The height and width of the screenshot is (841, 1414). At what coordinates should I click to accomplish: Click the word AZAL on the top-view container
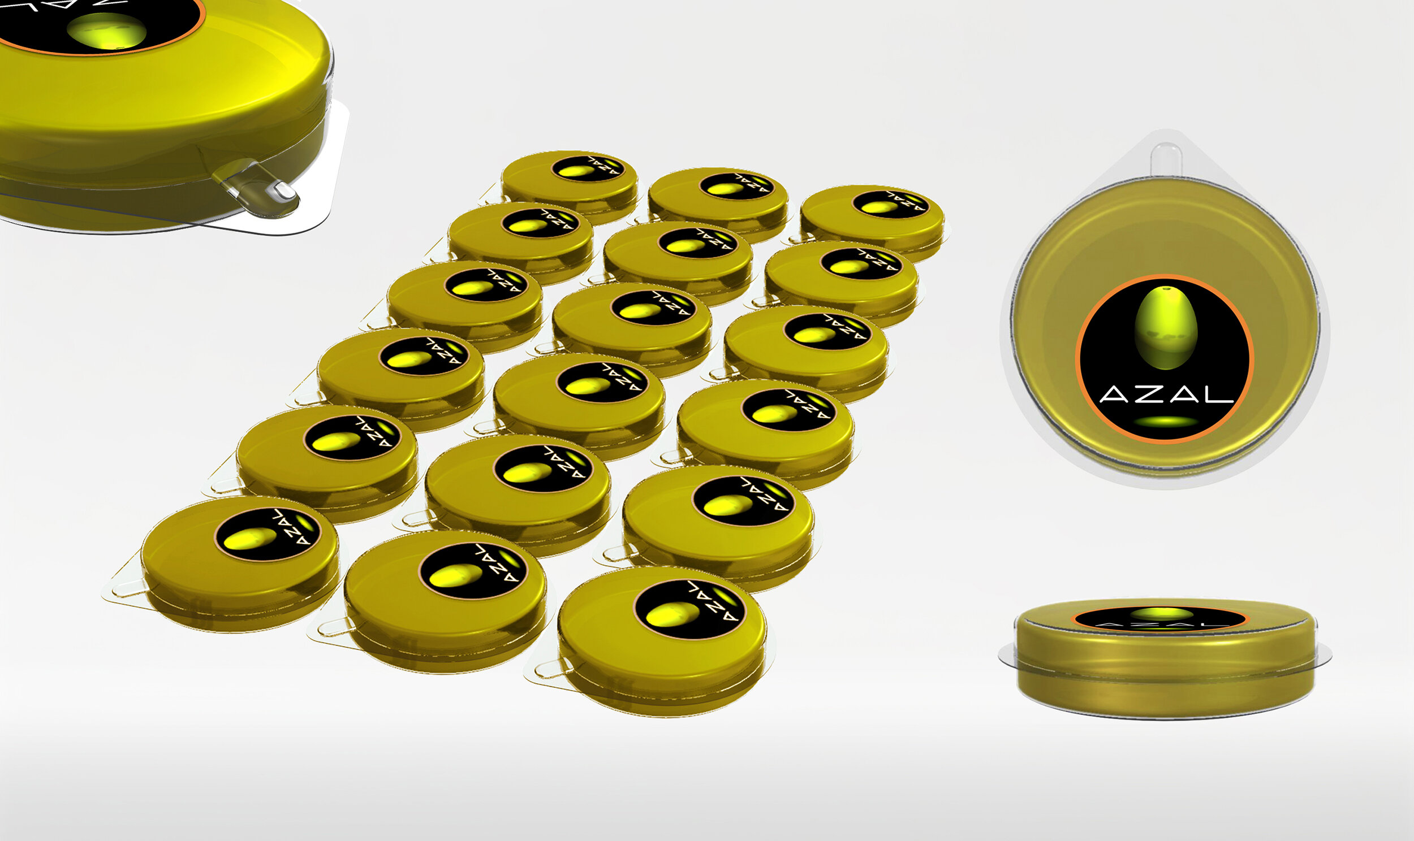click(1166, 394)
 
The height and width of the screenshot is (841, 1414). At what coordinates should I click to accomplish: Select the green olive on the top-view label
click(1166, 328)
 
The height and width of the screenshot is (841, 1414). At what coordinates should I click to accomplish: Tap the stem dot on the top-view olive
click(1166, 290)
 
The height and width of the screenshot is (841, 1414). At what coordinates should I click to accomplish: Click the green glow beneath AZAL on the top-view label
click(1165, 421)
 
